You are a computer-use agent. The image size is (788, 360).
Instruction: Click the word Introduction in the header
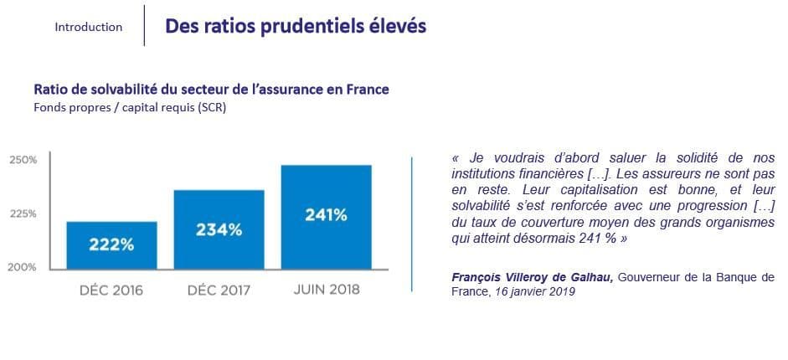[89, 27]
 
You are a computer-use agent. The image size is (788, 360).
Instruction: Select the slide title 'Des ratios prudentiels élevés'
[296, 27]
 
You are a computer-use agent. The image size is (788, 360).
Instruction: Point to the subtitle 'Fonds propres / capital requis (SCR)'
[130, 108]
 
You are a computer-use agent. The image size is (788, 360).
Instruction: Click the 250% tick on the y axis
[23, 160]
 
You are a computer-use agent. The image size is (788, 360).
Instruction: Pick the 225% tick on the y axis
[23, 213]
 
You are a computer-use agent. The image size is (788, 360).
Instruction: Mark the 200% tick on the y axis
[22, 267]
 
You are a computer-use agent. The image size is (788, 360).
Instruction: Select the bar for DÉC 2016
[111, 245]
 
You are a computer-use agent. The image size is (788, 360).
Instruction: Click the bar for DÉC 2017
[219, 230]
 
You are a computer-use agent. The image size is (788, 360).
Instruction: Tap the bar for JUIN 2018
[326, 218]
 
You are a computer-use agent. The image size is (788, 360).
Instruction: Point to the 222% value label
[111, 245]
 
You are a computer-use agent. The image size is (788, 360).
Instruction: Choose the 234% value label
[219, 230]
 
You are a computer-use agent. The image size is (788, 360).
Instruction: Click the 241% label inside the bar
[326, 215]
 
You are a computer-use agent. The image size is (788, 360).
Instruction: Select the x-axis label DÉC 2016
[111, 291]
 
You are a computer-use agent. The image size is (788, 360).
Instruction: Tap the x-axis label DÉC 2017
[219, 291]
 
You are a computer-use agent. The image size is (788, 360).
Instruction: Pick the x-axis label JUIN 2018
[326, 290]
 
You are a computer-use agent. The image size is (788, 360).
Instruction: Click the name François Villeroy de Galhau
[533, 278]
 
